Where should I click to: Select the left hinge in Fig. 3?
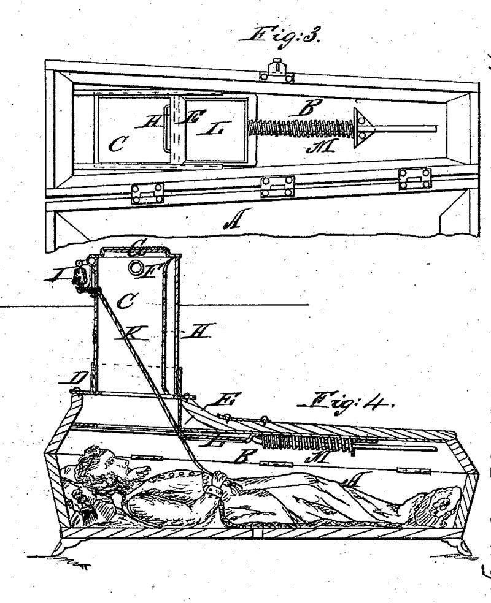[x=147, y=194]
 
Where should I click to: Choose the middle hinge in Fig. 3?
[x=277, y=186]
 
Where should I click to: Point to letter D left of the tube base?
[x=69, y=379]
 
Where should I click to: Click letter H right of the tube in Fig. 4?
[x=196, y=335]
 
